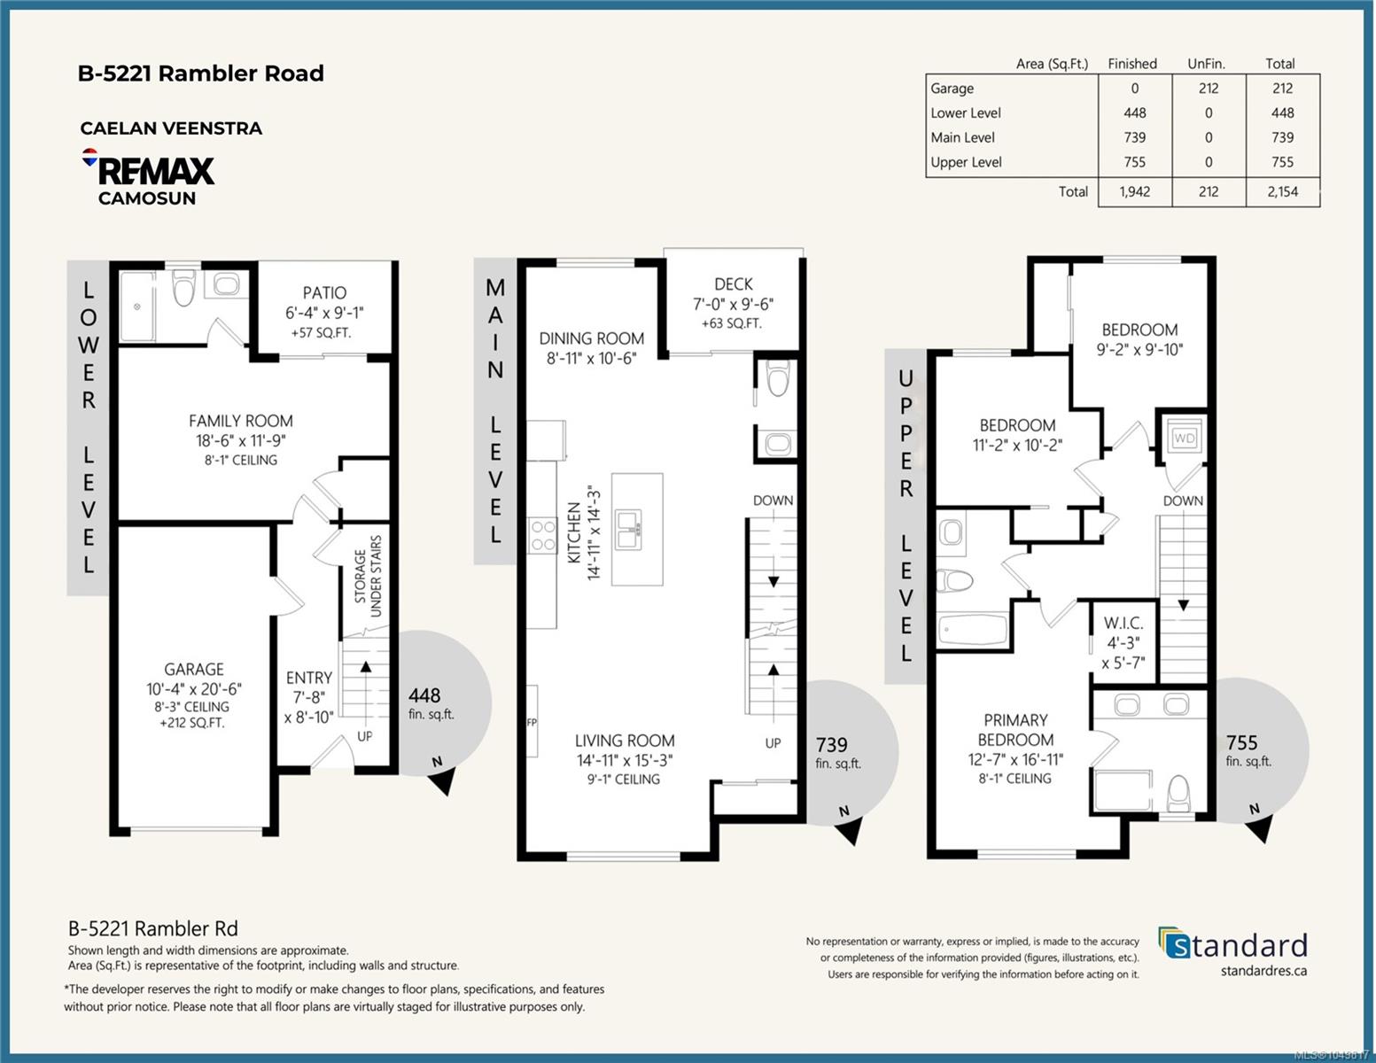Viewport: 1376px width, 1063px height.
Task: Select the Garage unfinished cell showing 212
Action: point(1209,88)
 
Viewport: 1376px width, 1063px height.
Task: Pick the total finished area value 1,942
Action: point(1134,191)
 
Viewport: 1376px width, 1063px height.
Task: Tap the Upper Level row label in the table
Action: point(966,162)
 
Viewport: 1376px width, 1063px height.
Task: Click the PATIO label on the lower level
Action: point(324,292)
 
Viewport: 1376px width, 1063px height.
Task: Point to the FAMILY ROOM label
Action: point(241,421)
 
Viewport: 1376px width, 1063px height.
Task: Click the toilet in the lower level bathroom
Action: point(183,287)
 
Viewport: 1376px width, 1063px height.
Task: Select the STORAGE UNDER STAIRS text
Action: point(368,576)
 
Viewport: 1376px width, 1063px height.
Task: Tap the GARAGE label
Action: point(194,669)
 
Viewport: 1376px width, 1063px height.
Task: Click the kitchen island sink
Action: point(628,529)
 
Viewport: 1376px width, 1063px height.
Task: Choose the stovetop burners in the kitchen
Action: point(542,536)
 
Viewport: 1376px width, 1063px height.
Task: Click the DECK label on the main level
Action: point(734,284)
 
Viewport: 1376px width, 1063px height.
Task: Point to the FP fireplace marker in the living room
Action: point(532,722)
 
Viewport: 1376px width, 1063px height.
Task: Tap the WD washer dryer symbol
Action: point(1184,438)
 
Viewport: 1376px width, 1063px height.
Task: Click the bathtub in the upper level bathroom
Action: point(972,629)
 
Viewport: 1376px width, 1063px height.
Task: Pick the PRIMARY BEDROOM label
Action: point(1015,729)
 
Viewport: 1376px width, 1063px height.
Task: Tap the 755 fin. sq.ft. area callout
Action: point(1248,751)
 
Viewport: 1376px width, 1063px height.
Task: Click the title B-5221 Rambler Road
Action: point(201,74)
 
